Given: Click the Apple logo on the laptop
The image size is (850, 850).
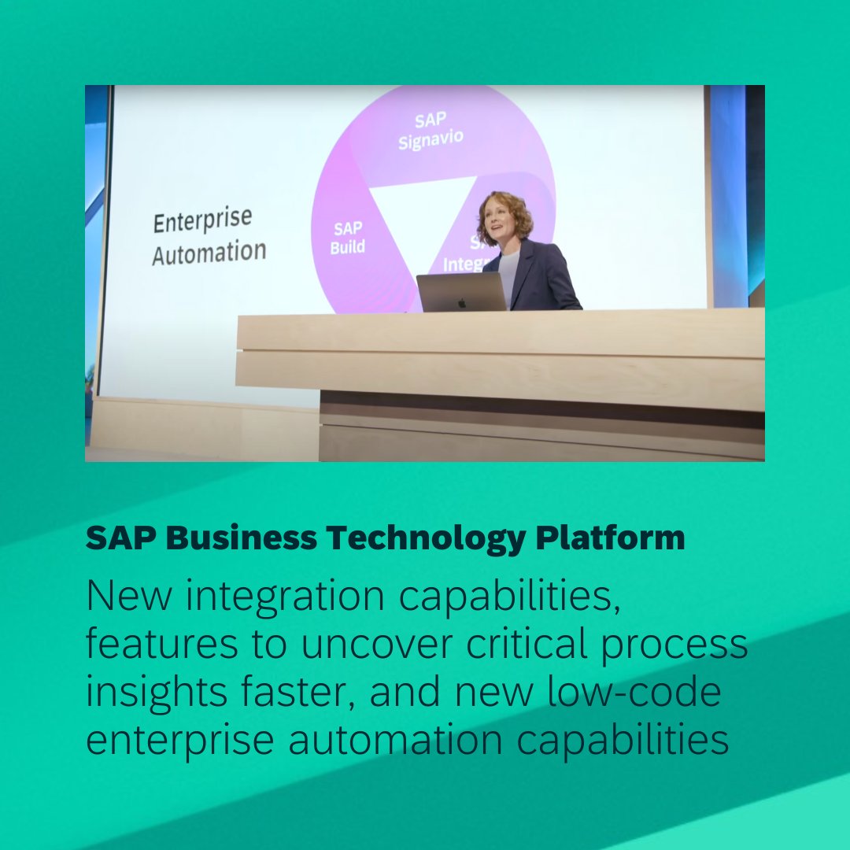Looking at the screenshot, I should pyautogui.click(x=462, y=301).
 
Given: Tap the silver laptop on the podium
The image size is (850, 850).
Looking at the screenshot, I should pyautogui.click(x=462, y=293).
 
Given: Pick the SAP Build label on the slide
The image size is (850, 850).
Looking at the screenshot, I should pyautogui.click(x=348, y=237).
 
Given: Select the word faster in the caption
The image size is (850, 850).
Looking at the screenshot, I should pyautogui.click(x=295, y=693).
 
